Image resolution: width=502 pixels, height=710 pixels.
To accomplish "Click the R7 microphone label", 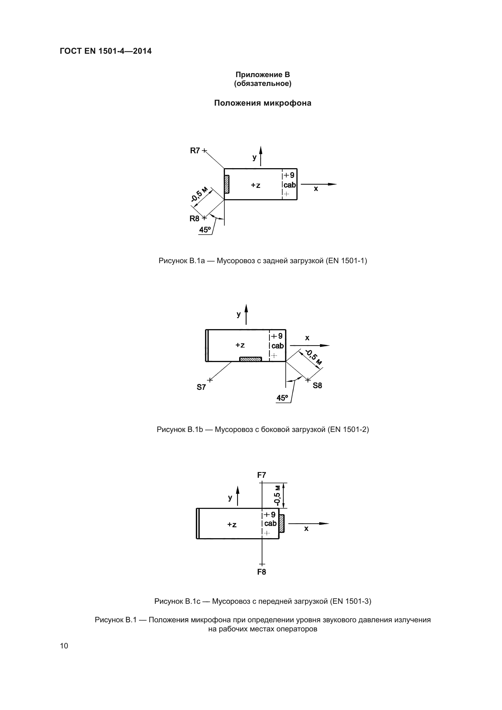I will click(x=195, y=151).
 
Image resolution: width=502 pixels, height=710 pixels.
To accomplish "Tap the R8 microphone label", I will click(x=195, y=219).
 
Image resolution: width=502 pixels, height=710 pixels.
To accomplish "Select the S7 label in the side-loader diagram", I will click(x=201, y=387).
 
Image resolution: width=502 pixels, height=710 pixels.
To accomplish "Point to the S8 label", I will click(x=317, y=385).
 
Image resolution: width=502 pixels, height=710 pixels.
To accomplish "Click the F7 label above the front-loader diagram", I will click(x=262, y=475).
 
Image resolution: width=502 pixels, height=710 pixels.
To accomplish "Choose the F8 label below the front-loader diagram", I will click(x=262, y=572).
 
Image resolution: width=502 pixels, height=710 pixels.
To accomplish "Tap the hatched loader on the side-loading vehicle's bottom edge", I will click(x=251, y=359).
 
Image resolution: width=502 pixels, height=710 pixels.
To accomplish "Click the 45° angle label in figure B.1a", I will click(x=205, y=230).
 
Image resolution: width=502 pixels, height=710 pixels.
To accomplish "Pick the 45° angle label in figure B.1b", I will click(x=282, y=398).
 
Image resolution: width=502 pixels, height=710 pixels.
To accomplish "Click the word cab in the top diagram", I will click(x=290, y=185).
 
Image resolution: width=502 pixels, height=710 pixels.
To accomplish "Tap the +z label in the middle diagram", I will click(x=240, y=345).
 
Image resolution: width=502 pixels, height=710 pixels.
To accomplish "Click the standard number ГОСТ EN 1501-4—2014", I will click(x=106, y=51).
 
